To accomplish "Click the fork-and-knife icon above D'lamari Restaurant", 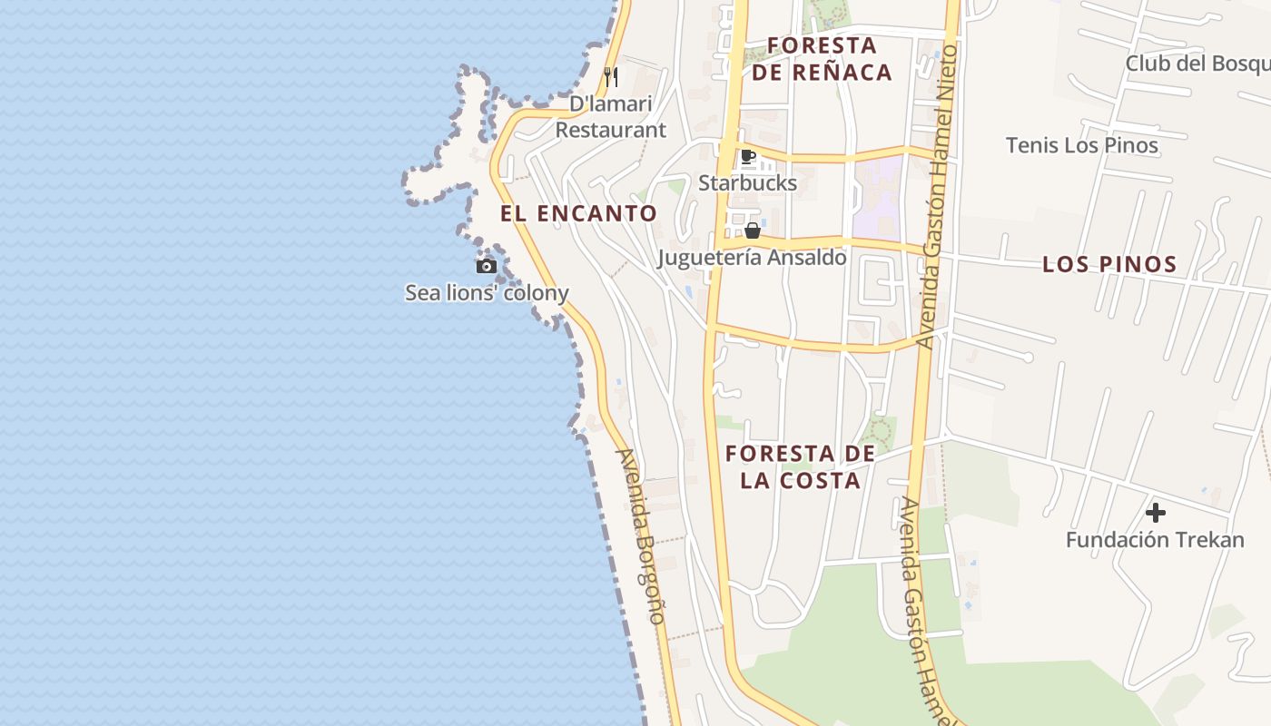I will pos(611,77).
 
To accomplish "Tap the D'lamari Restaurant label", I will pos(610,117).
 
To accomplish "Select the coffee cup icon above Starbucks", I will pos(748,157).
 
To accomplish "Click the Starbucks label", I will pos(747,182).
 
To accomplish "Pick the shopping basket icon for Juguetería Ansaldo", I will pos(752,231).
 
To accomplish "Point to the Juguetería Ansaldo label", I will pos(752,258).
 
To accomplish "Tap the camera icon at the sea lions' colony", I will pos(487,266).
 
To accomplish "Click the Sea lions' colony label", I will pos(487,292).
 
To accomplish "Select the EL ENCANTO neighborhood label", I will pos(578,214).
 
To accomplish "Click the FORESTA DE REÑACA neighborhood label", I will pos(822,59).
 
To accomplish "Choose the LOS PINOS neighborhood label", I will pos(1109,265).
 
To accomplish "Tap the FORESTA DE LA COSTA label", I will pos(800,466).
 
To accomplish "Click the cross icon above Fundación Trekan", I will pos(1155,514).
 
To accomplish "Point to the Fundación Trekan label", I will pos(1155,540).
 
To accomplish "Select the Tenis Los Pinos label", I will pos(1081,145).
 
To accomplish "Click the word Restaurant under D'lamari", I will pos(610,130).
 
